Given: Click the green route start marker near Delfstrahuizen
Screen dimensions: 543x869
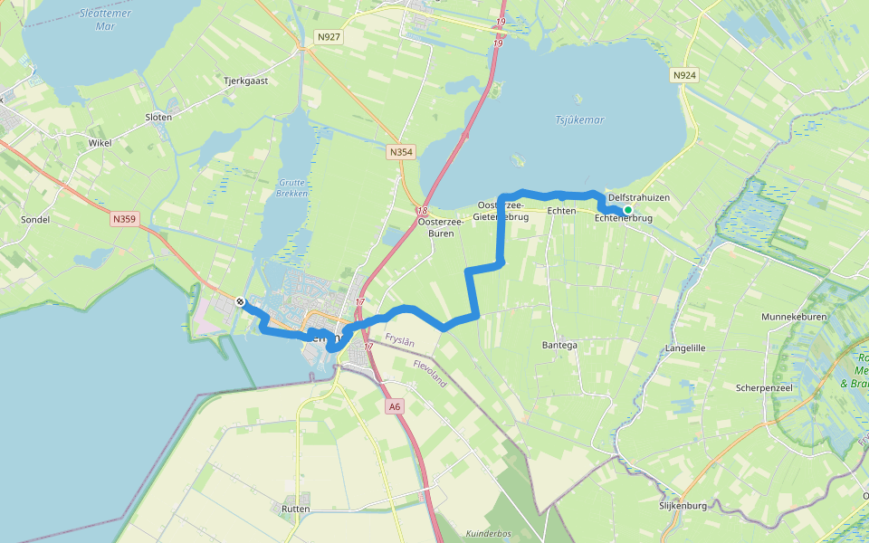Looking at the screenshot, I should [627, 210].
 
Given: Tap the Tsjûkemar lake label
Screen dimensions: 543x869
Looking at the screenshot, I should [578, 119].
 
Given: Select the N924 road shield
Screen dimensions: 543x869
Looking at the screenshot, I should [684, 77].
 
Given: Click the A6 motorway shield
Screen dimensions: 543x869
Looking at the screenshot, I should [394, 407].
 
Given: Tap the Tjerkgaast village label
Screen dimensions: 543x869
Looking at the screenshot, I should [246, 81].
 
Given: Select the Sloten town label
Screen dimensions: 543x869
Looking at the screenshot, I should [158, 117].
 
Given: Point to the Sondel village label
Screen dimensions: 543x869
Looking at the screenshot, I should [33, 220].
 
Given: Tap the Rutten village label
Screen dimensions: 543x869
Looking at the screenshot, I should [295, 509].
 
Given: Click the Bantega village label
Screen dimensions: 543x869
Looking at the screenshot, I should [559, 345].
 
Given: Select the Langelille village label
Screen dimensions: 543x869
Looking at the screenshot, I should [684, 348].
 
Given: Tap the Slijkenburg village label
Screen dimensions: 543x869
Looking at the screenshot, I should [683, 506].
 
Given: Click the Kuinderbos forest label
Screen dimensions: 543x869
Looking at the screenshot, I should [489, 534].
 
